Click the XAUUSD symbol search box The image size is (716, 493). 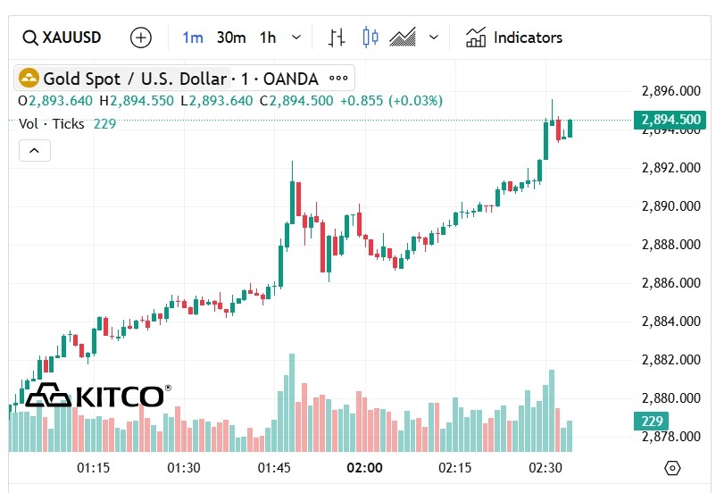pyautogui.click(x=62, y=38)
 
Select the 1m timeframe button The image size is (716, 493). pyautogui.click(x=193, y=38)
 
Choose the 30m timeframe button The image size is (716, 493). pyautogui.click(x=231, y=38)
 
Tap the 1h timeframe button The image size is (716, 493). pyautogui.click(x=268, y=38)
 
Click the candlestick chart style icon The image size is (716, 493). pyautogui.click(x=370, y=38)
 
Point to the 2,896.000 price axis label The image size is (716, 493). pyautogui.click(x=671, y=91)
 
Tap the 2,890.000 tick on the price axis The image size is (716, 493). pyautogui.click(x=671, y=206)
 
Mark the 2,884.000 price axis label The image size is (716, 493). pyautogui.click(x=671, y=322)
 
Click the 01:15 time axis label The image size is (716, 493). pyautogui.click(x=93, y=468)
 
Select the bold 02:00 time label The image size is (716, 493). pyautogui.click(x=364, y=468)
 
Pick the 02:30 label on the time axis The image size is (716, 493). pyautogui.click(x=545, y=468)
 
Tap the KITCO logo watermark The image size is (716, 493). pyautogui.click(x=96, y=396)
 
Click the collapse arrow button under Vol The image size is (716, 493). pyautogui.click(x=35, y=151)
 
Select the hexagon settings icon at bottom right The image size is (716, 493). pyautogui.click(x=672, y=468)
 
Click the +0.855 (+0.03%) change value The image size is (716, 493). pyautogui.click(x=391, y=101)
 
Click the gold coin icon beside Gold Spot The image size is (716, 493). pyautogui.click(x=29, y=79)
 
